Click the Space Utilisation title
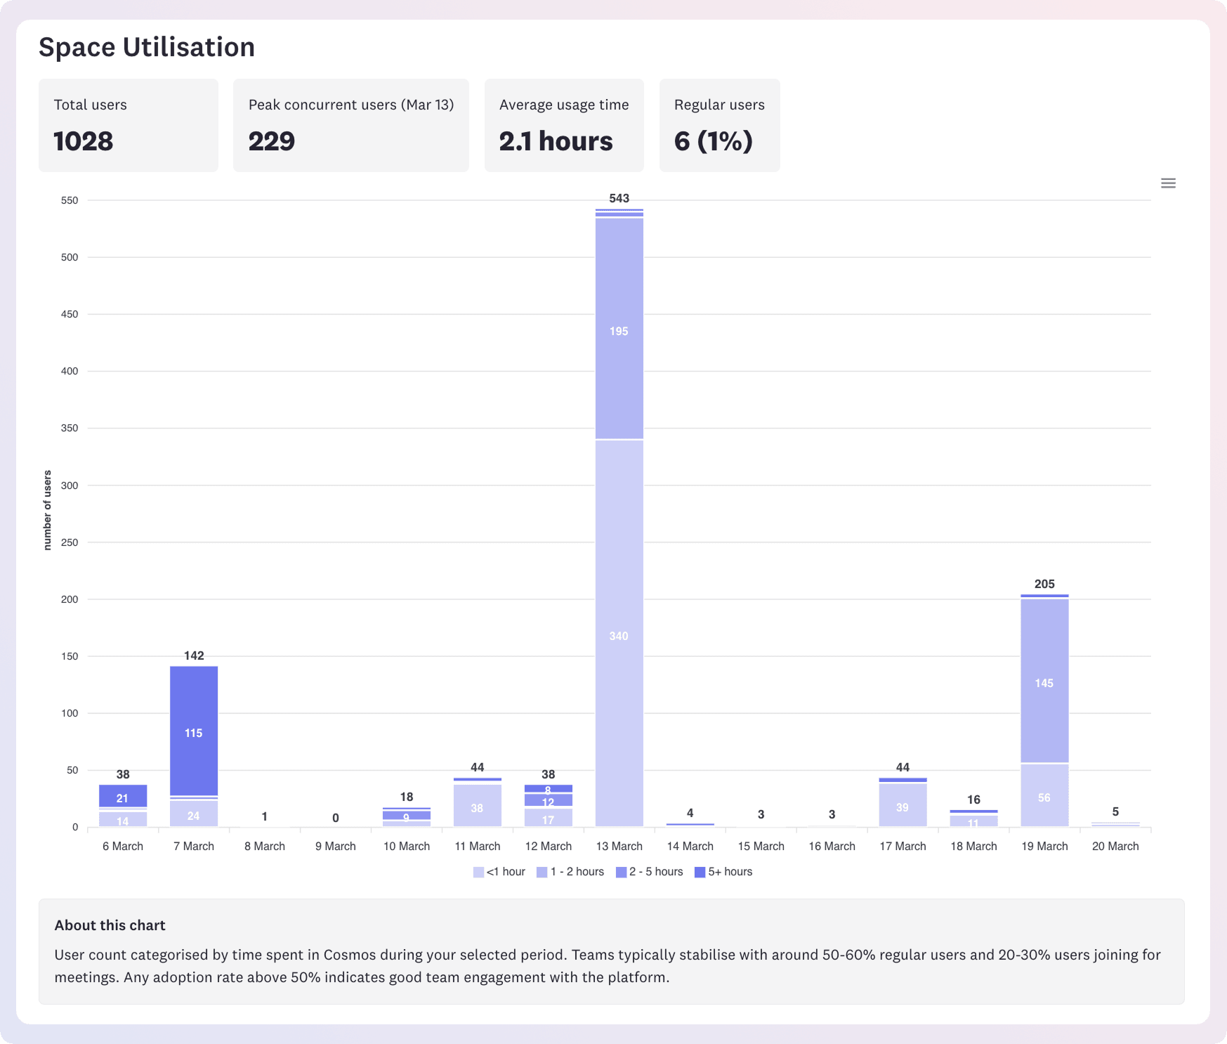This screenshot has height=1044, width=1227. click(147, 47)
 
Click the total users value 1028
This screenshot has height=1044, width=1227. click(84, 141)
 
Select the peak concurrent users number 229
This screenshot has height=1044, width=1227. click(272, 141)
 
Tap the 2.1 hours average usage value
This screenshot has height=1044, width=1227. click(556, 141)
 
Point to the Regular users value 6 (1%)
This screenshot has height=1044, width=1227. click(714, 141)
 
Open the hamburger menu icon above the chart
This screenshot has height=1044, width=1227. click(1168, 183)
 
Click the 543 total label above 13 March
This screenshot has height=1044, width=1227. click(619, 198)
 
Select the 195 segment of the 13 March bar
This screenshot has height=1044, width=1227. click(619, 330)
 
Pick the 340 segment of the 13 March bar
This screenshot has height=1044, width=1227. click(619, 636)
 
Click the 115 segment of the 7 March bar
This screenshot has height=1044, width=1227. click(194, 733)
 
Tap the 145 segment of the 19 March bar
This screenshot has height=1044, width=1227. click(1044, 683)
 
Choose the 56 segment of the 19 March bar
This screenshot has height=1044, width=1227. click(1044, 797)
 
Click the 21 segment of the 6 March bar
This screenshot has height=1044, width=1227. click(123, 797)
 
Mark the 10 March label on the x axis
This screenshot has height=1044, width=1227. click(407, 846)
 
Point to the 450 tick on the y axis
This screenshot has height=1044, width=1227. click(70, 314)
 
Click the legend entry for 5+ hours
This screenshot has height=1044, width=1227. click(723, 872)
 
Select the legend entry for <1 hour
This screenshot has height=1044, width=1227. click(499, 872)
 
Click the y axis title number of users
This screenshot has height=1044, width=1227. click(48, 510)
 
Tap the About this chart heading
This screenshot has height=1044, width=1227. click(110, 925)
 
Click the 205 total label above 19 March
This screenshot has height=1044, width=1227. click(1044, 584)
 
